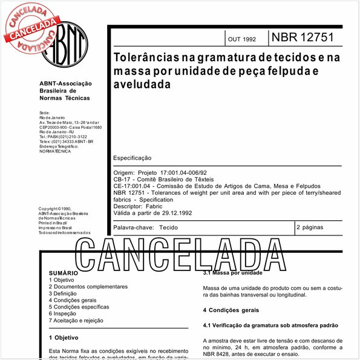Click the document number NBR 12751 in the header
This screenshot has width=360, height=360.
point(303,38)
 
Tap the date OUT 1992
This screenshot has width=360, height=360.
point(241,39)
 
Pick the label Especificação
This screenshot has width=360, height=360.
point(133,157)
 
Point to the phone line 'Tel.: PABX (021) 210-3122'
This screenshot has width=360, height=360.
point(62,137)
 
